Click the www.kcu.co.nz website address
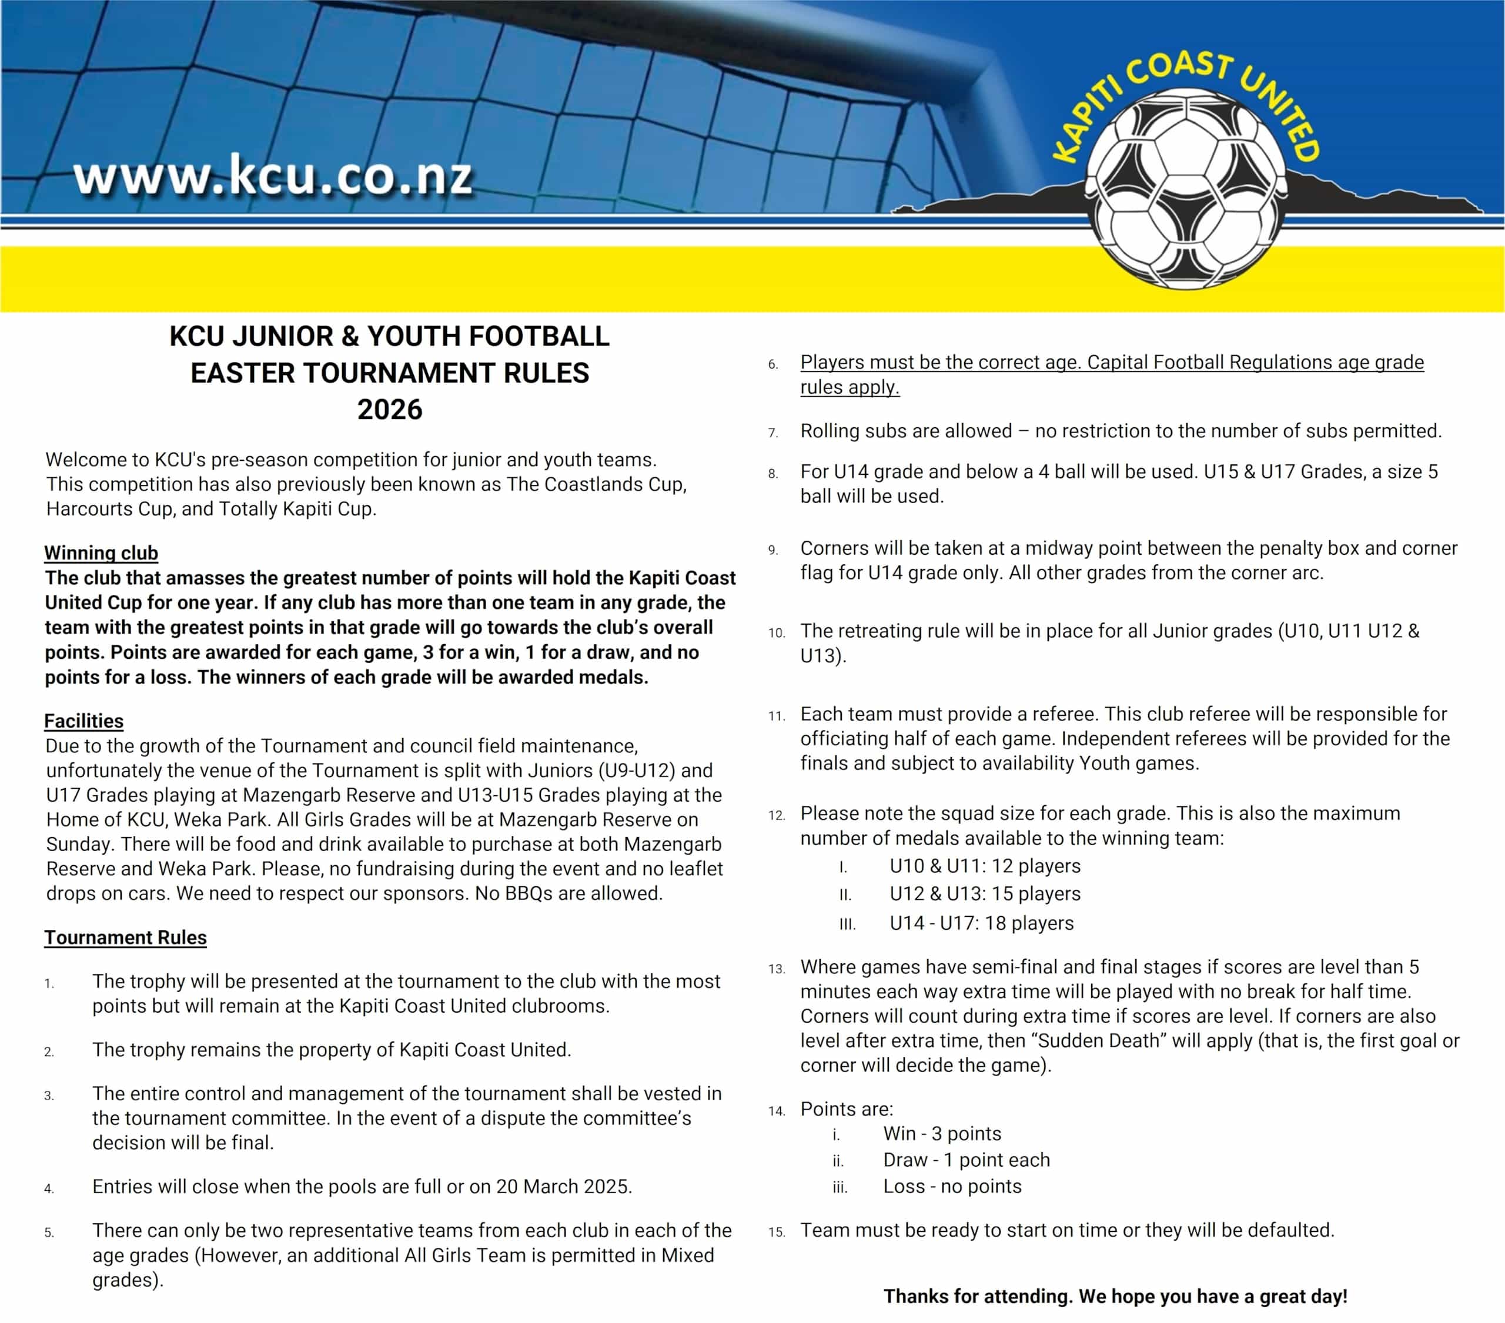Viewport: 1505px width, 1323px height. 272,177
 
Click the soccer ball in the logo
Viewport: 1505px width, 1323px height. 1186,190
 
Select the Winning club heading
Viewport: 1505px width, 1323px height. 101,553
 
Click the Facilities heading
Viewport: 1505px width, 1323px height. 84,721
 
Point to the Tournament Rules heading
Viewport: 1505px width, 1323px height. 125,937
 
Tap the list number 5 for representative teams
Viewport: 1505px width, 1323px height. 49,1232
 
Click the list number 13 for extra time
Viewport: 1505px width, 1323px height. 776,969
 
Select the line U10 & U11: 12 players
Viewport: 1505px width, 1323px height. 985,866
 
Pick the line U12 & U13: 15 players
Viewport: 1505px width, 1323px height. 985,894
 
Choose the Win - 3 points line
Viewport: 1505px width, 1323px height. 942,1134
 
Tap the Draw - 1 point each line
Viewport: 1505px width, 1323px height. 966,1160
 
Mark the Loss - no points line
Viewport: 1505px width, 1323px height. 952,1187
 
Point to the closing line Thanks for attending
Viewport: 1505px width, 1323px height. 1115,1297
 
